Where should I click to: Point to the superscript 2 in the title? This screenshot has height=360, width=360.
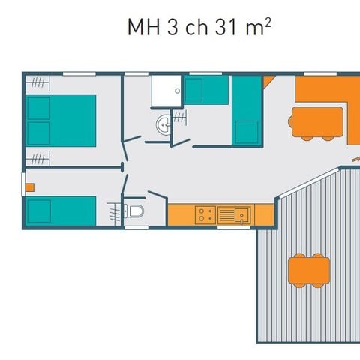[268, 22]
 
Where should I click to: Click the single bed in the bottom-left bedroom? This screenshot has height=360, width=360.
[60, 211]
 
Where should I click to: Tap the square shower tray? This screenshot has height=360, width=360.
[166, 91]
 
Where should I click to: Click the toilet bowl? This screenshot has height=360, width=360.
[135, 211]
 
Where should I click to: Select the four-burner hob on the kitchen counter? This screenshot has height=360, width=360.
[205, 215]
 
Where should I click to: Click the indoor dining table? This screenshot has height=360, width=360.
[316, 122]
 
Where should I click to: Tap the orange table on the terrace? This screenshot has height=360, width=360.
[309, 269]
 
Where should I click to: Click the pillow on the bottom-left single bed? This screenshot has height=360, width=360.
[38, 211]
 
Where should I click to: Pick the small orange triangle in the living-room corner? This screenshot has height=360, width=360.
[268, 81]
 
